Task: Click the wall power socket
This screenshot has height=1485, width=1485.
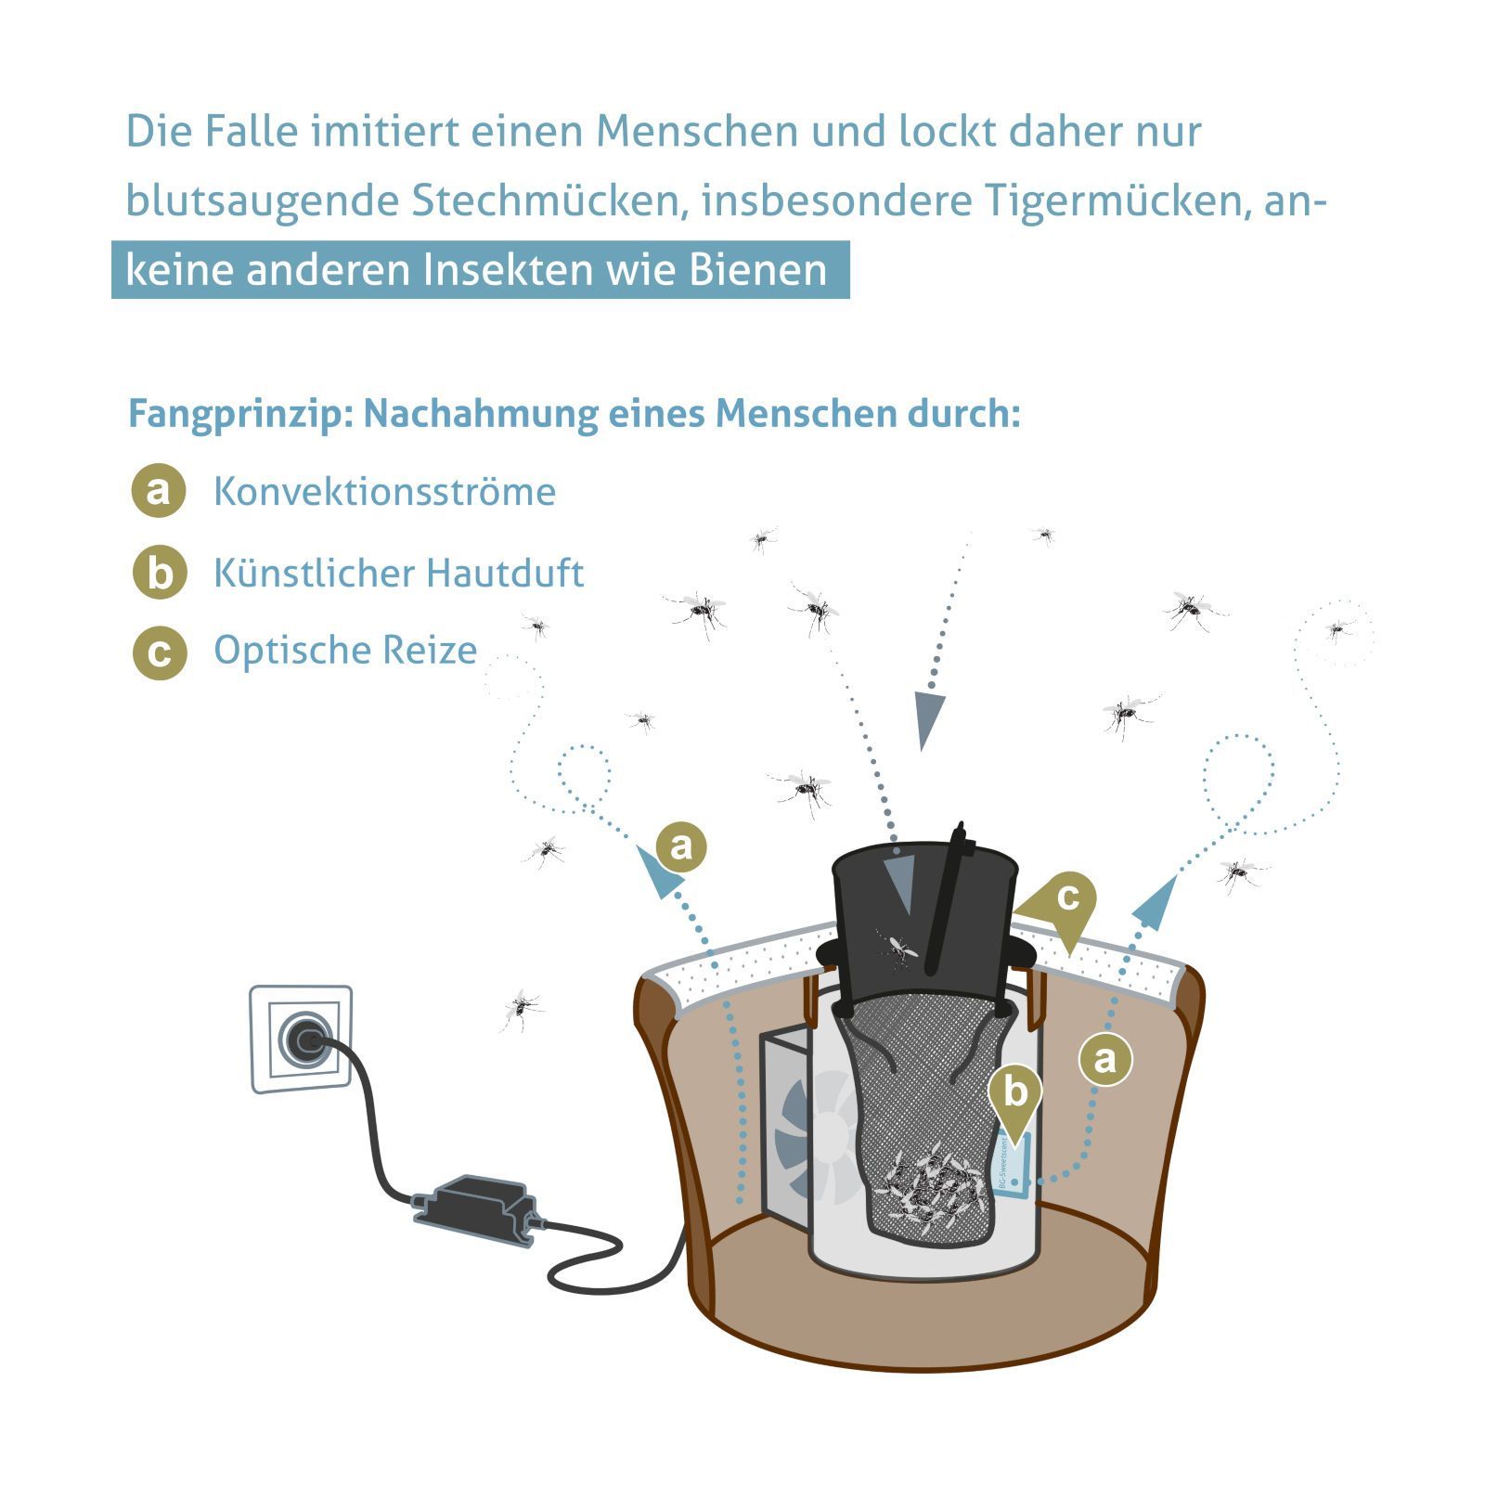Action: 301,1039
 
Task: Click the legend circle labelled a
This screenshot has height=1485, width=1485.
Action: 159,490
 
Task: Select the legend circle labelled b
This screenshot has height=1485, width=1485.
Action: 160,572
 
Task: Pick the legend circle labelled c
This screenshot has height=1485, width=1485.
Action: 160,652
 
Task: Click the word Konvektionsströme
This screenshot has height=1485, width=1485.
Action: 384,491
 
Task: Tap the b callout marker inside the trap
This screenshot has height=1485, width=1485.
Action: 1015,1097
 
